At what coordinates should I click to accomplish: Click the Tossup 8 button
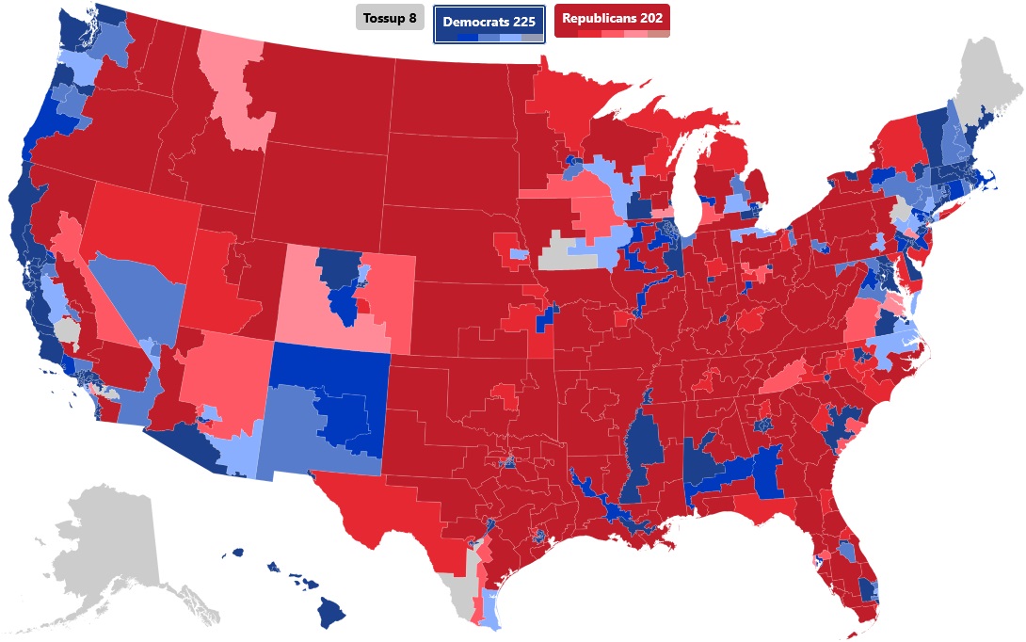coord(390,18)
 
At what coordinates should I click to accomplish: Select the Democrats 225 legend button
coord(489,22)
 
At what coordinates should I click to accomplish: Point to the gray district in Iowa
coord(565,251)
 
